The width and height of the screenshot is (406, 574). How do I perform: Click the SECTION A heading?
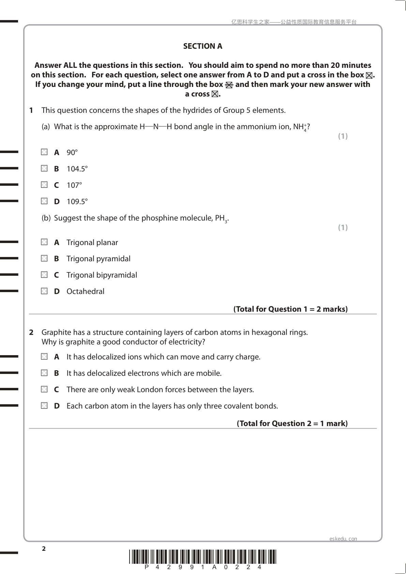click(x=202, y=46)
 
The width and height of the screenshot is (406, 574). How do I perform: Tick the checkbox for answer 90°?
click(x=44, y=152)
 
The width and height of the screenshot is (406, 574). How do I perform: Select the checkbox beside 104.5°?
click(x=44, y=168)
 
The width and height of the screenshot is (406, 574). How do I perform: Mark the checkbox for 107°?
click(x=44, y=185)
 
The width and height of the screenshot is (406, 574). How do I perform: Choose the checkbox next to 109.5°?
click(x=44, y=201)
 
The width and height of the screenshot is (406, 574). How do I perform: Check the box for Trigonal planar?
click(x=44, y=242)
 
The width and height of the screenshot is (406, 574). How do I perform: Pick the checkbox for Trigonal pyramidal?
click(x=44, y=258)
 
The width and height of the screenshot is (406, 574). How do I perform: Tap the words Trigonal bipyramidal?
click(x=102, y=275)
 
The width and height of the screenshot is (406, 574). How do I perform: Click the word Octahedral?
click(x=85, y=291)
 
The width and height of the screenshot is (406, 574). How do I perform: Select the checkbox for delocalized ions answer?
click(x=44, y=357)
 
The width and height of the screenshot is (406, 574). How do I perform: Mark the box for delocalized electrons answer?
click(x=44, y=373)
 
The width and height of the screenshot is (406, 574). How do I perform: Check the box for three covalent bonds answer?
click(x=44, y=406)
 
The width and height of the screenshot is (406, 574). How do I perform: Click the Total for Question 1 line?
click(x=290, y=309)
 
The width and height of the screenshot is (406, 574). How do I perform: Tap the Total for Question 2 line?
click(x=292, y=423)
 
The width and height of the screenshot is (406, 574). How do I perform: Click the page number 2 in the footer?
click(x=44, y=548)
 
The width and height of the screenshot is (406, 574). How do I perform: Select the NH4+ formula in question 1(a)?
click(x=300, y=127)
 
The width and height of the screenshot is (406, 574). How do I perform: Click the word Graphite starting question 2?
click(x=56, y=332)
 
